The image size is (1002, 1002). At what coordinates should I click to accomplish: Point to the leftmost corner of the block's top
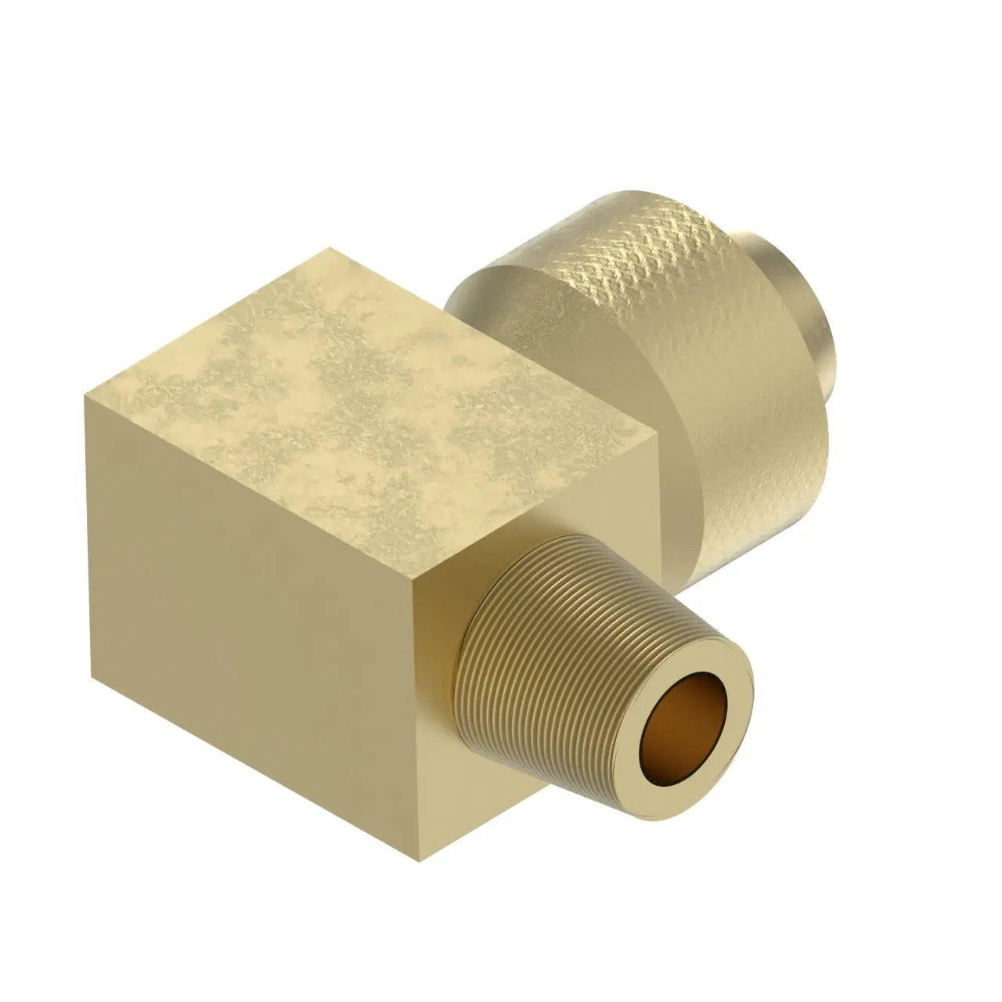pos(85,395)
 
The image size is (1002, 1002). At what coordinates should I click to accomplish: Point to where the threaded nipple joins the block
pos(462,642)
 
